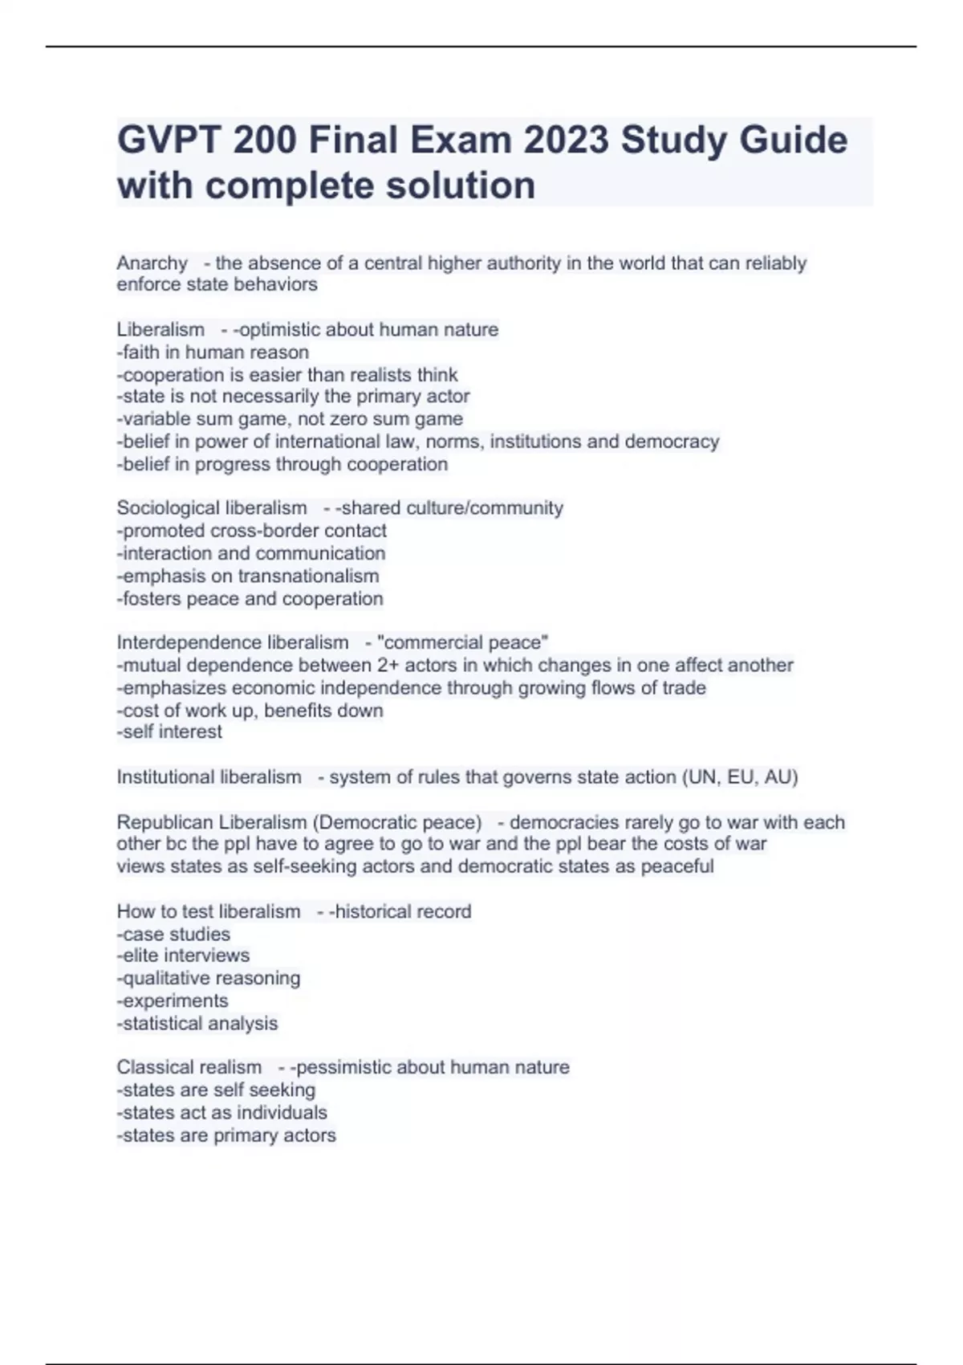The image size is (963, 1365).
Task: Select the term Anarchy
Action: (152, 263)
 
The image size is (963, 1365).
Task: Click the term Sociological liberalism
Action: (212, 508)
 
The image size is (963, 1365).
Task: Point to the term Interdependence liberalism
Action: (233, 642)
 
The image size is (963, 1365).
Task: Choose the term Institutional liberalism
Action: (209, 777)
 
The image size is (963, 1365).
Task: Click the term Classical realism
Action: (189, 1067)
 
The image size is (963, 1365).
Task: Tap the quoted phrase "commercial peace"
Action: (463, 642)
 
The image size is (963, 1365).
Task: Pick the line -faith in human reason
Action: (213, 352)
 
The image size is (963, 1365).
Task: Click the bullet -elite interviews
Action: (183, 955)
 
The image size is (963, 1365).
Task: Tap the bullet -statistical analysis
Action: (197, 1024)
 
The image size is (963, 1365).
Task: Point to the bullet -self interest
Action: (169, 732)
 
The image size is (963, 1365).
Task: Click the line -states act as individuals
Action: (222, 1113)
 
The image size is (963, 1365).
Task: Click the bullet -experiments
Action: (173, 1001)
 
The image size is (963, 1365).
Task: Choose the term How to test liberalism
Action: (209, 911)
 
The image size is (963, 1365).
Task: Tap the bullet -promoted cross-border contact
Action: (252, 531)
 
